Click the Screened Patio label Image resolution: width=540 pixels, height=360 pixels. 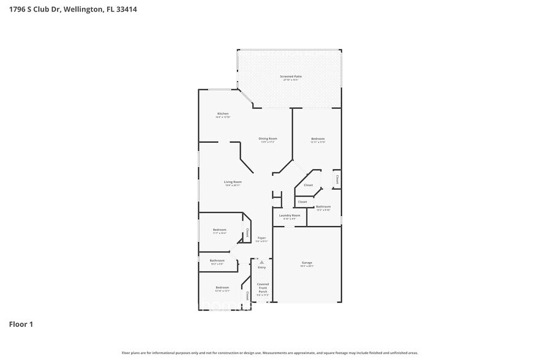(291, 77)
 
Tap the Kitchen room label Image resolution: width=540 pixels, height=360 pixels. (223, 114)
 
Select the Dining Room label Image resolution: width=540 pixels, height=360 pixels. (268, 139)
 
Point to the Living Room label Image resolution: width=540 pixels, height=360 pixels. (233, 182)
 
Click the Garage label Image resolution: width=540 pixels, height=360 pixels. (307, 263)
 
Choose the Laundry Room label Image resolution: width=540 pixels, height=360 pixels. (290, 216)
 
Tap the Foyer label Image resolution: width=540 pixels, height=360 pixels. (261, 238)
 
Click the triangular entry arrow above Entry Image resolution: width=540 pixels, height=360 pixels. (261, 261)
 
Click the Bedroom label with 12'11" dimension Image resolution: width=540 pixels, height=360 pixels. (318, 139)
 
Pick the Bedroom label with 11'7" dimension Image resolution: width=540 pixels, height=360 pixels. (220, 230)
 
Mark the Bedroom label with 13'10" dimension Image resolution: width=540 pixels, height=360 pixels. (222, 287)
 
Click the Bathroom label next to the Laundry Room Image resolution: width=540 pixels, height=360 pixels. (323, 207)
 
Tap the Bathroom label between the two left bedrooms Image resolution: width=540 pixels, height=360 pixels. (217, 261)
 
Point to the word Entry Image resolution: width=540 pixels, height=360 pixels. (261, 268)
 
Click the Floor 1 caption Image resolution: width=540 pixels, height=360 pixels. (21, 324)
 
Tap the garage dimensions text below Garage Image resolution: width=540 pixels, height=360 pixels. (307, 266)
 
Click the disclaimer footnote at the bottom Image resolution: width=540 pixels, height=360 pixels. (269, 353)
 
